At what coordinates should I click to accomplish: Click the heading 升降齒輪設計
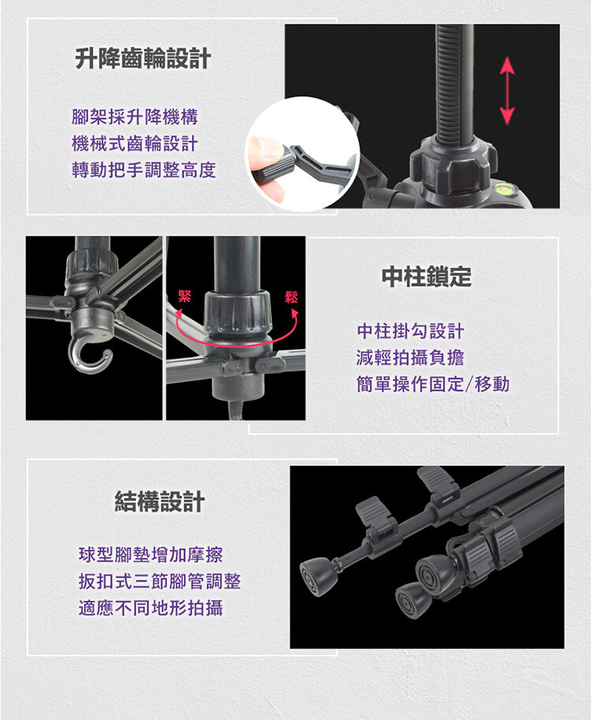tap(143, 59)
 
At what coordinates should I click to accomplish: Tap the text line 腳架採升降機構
tap(135, 117)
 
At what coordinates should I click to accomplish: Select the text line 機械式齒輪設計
tap(135, 143)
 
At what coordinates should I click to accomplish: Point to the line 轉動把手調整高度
tap(143, 170)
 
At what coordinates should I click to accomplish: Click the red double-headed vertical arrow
tap(507, 91)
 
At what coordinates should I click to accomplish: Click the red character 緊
tap(184, 296)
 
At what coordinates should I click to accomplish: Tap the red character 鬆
tap(291, 297)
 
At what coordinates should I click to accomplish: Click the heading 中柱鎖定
tap(426, 276)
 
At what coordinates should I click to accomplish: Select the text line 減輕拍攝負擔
tap(410, 358)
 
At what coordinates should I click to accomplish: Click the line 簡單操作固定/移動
tap(433, 384)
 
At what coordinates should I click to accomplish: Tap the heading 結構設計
tap(159, 502)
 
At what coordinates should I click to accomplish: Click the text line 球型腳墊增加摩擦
tap(151, 555)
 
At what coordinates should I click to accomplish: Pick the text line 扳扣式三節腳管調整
tap(160, 581)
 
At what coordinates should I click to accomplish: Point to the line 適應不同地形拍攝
tap(151, 608)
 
